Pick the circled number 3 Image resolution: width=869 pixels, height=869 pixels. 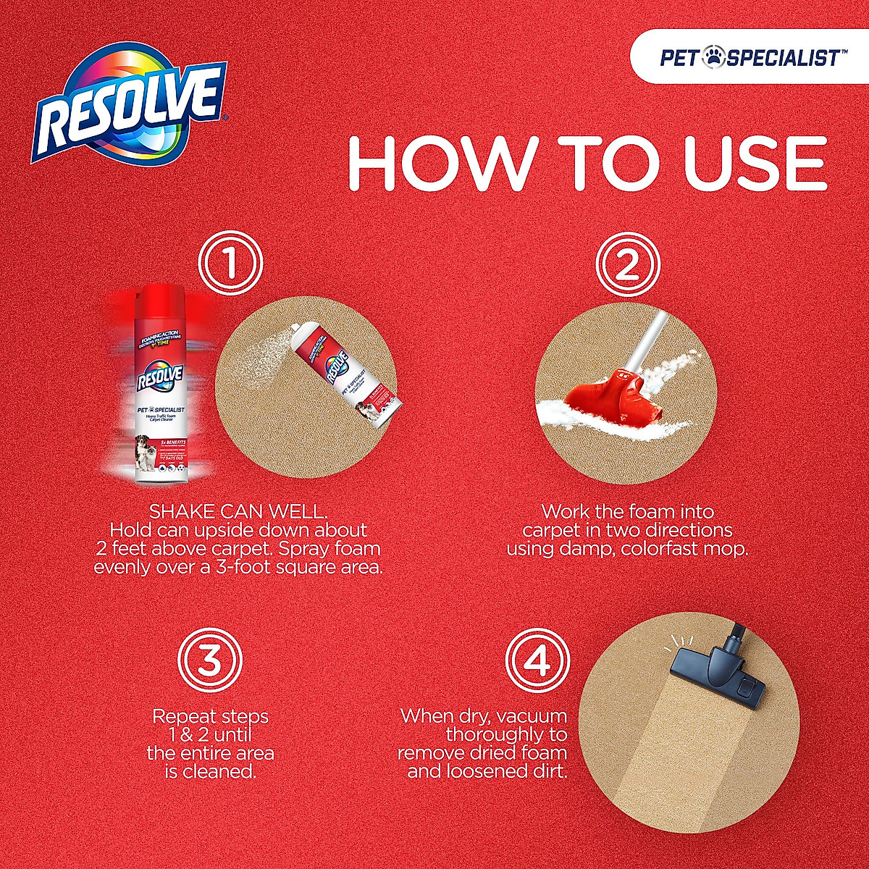click(210, 660)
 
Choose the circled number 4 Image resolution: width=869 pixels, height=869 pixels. click(537, 660)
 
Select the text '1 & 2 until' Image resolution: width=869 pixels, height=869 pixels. click(210, 735)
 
